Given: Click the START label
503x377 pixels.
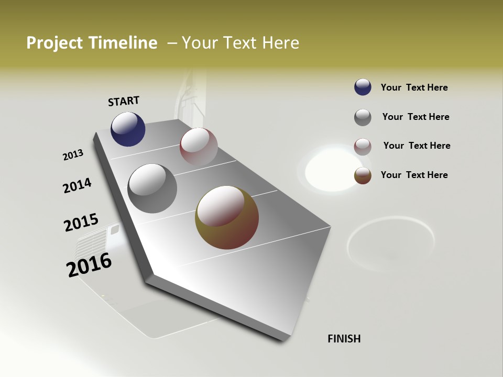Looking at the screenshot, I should [x=124, y=101].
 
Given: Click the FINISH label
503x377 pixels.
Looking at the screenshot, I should [x=344, y=339].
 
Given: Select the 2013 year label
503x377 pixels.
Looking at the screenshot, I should [x=73, y=155].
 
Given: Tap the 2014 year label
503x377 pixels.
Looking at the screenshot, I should [x=77, y=186].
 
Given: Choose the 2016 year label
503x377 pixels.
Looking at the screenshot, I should [x=89, y=265].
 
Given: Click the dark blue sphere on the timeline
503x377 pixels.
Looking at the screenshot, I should [x=128, y=129].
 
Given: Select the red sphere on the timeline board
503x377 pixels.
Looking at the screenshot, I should [x=199, y=146].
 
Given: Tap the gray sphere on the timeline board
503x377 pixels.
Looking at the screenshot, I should [x=152, y=188].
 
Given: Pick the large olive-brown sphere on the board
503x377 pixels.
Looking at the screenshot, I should [x=227, y=217].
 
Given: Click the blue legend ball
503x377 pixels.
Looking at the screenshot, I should [x=363, y=87].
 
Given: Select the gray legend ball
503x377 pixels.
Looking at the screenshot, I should [x=363, y=117].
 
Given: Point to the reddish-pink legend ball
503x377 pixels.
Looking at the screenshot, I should [x=363, y=146].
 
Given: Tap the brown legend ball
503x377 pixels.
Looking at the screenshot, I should [x=363, y=175].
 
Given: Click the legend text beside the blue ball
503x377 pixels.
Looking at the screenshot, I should [x=414, y=87].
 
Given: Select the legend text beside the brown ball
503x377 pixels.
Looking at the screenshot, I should [x=414, y=175].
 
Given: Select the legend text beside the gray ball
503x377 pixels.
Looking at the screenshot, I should [x=415, y=117].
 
